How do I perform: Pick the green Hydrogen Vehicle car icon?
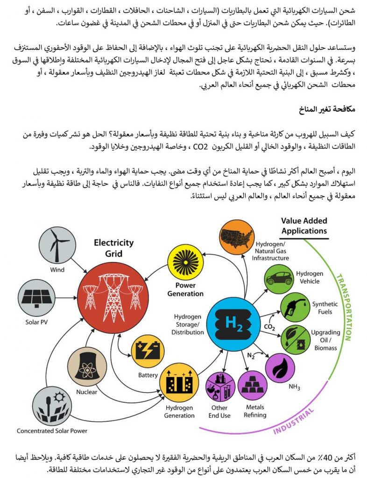click(279, 278)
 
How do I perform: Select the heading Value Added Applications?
click(304, 225)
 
